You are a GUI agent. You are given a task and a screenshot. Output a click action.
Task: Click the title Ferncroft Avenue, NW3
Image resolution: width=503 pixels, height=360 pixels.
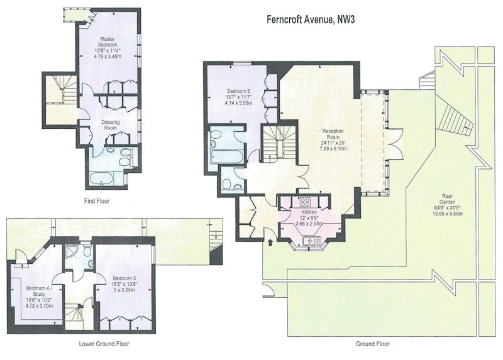[x=311, y=19]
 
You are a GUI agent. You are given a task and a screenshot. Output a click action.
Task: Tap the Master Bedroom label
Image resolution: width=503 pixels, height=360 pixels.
[x=108, y=42]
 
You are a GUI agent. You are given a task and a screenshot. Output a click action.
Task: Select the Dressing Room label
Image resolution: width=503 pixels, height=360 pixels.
[x=111, y=125]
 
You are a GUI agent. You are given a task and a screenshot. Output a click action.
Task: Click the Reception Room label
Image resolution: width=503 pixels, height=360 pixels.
[x=333, y=134]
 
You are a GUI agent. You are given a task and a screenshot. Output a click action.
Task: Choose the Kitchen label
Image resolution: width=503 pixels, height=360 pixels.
[x=309, y=212]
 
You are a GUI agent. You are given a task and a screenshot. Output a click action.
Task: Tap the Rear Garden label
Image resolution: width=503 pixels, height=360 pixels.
[x=447, y=199]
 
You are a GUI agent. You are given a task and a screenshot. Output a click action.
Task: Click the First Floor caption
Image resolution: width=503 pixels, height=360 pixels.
[x=97, y=201]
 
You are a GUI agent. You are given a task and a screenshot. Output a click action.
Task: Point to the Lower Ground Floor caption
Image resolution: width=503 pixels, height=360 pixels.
[x=104, y=344]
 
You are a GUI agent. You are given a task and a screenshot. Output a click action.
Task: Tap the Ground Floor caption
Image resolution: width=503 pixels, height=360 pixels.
[x=372, y=344]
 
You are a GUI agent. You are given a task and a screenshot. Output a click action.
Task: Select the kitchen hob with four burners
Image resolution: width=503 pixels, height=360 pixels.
[x=305, y=202]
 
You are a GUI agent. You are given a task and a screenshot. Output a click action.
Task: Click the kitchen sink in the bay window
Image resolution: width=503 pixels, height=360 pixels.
[x=311, y=241]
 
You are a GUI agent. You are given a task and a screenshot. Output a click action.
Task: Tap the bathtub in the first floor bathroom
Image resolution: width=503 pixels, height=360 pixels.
[x=101, y=178]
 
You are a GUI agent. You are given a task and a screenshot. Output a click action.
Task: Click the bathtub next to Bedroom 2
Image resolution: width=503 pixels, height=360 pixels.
[x=226, y=157]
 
